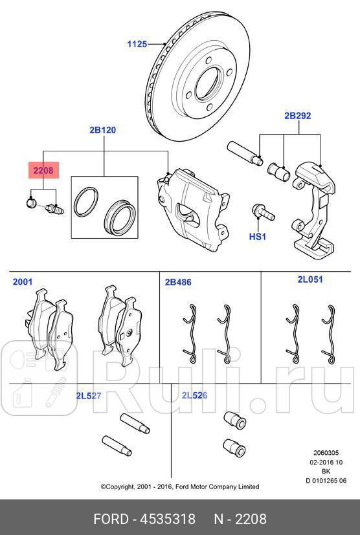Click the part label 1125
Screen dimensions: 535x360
coord(137,44)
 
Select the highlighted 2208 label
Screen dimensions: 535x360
coord(43,170)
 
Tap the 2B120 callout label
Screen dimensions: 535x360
coord(102,130)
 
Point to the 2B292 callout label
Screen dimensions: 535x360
coord(297,116)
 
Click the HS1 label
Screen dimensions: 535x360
coord(258,237)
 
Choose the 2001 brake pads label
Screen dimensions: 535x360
coord(23,282)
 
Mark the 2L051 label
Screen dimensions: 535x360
coord(310,279)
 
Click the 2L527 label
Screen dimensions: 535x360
coord(89,395)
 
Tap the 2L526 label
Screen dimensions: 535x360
coord(194,395)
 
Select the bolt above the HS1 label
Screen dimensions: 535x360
coord(260,212)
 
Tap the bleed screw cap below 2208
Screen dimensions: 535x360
coord(30,204)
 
